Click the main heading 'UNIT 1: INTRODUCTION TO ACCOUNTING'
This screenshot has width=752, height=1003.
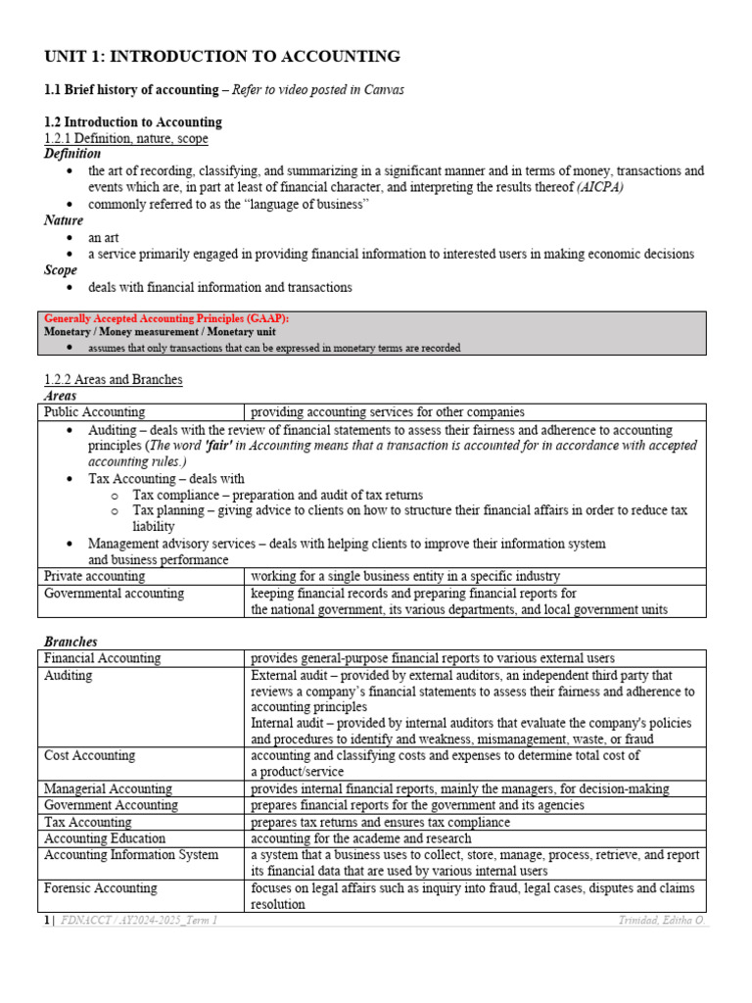[222, 57]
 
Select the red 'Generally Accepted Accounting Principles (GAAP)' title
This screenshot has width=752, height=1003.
[166, 318]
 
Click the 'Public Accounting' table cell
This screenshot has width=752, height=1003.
[95, 412]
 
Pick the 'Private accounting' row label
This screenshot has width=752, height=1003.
[95, 576]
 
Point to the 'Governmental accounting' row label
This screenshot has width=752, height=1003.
[114, 594]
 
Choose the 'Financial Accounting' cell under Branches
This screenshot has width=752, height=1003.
[103, 658]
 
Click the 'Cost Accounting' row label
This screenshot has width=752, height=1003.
[90, 756]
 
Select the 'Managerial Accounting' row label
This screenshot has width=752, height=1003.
[108, 788]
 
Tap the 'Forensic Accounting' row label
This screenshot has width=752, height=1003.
[101, 888]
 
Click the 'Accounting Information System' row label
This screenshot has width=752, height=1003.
[131, 855]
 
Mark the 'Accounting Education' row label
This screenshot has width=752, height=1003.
[105, 838]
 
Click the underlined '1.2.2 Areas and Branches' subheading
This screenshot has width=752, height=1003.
[114, 379]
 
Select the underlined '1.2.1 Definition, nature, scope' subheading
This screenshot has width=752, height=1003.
[126, 138]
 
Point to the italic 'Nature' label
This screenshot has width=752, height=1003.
[64, 220]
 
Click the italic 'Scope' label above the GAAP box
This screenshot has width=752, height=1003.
[61, 270]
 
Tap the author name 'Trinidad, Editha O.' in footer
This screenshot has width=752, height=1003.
[662, 921]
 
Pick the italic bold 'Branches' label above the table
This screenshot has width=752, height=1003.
[70, 642]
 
